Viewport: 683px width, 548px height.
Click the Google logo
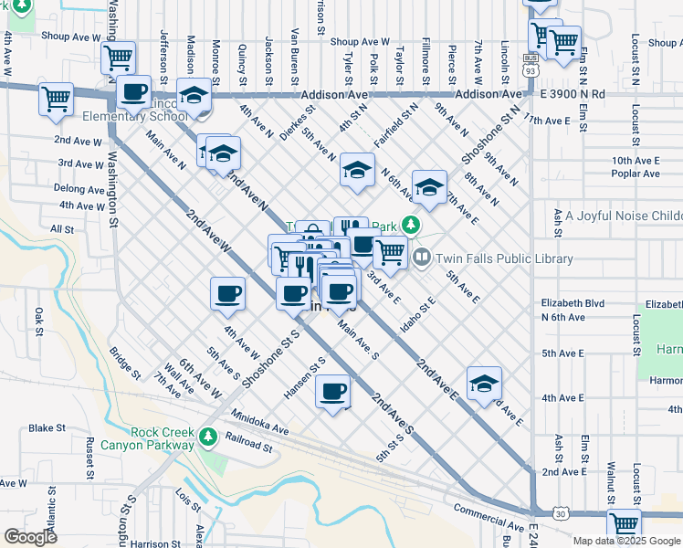(x=30, y=536)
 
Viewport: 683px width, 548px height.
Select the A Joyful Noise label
(x=624, y=216)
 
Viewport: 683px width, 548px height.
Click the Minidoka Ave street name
(x=259, y=422)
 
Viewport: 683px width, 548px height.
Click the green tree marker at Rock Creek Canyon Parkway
(x=209, y=436)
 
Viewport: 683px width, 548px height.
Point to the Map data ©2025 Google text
(x=625, y=540)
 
